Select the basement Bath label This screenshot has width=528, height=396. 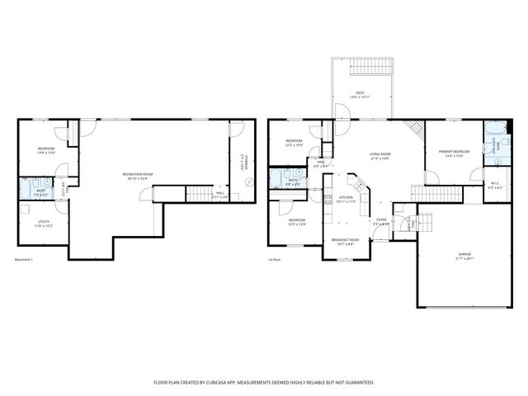(40, 191)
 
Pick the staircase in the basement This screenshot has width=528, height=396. (198, 195)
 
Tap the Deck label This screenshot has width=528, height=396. (360, 93)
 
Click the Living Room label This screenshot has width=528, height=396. (379, 154)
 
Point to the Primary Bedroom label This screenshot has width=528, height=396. (454, 152)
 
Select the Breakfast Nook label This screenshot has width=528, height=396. (342, 241)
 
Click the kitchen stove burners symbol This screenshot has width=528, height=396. (327, 200)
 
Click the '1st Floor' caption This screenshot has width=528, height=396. (274, 260)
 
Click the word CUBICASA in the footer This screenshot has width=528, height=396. (238, 383)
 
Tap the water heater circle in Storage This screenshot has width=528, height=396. (240, 188)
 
